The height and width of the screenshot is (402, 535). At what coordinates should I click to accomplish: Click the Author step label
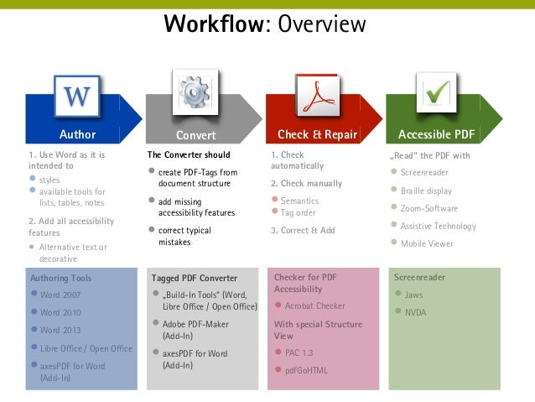pyautogui.click(x=77, y=134)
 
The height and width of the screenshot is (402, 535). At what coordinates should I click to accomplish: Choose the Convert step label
pyautogui.click(x=195, y=135)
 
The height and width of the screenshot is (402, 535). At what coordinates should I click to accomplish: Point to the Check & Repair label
pyautogui.click(x=317, y=134)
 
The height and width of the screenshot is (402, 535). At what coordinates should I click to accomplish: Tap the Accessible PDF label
pyautogui.click(x=436, y=134)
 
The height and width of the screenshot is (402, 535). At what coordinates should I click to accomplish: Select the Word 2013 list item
pyautogui.click(x=62, y=330)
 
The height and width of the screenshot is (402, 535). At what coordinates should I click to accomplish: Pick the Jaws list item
pyautogui.click(x=413, y=295)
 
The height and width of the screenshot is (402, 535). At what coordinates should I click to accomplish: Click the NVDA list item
pyautogui.click(x=415, y=312)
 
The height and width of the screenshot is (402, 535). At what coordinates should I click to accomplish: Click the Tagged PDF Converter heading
pyautogui.click(x=195, y=278)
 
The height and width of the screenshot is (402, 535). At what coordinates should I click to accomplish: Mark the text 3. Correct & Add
pyautogui.click(x=303, y=230)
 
